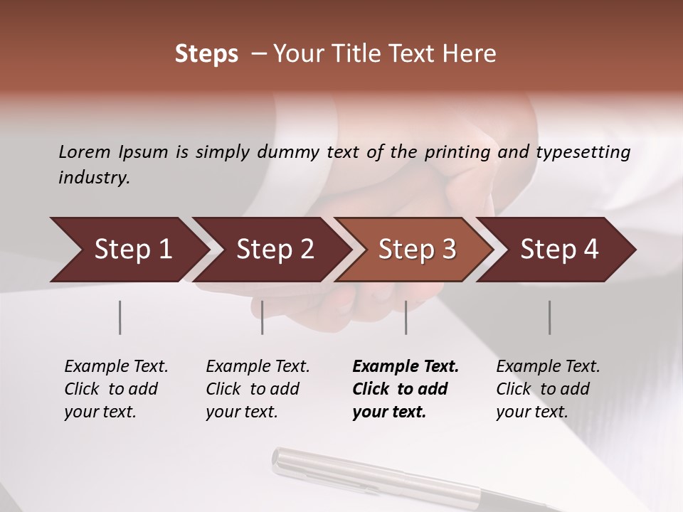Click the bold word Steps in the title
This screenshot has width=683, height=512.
[x=206, y=54]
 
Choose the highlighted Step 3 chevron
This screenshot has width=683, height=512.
[x=417, y=250]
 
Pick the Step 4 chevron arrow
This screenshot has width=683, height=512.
[x=559, y=250]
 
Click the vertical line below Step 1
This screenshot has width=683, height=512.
[x=120, y=317]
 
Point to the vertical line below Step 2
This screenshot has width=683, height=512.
[x=263, y=317]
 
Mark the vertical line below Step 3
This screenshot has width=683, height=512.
[x=406, y=317]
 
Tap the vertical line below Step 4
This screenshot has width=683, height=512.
[x=550, y=317]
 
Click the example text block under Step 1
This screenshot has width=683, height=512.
[x=116, y=389]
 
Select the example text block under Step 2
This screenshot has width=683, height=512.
[x=258, y=389]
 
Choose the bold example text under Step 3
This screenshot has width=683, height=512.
[x=406, y=389]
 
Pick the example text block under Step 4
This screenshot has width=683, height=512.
[x=548, y=389]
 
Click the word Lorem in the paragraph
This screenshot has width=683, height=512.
[x=85, y=151]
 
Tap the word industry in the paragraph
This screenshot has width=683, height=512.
[x=94, y=178]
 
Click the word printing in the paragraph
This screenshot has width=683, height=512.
[x=456, y=152]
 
